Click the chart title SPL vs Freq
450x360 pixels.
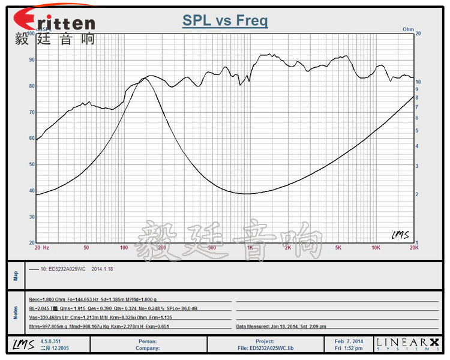tap(225, 21)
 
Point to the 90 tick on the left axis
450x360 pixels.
tap(31, 60)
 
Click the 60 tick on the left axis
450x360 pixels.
tap(31, 138)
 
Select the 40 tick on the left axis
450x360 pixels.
tap(31, 190)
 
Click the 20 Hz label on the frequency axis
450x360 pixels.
tap(41, 247)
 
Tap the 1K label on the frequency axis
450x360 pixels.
tap(249, 247)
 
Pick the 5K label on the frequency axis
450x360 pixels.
tap(338, 247)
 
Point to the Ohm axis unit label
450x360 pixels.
tap(408, 29)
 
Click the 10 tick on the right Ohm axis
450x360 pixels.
tap(418, 82)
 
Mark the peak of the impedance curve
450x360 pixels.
tap(143, 79)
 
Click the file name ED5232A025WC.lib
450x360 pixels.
tap(274, 347)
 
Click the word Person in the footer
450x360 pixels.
tap(147, 341)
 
